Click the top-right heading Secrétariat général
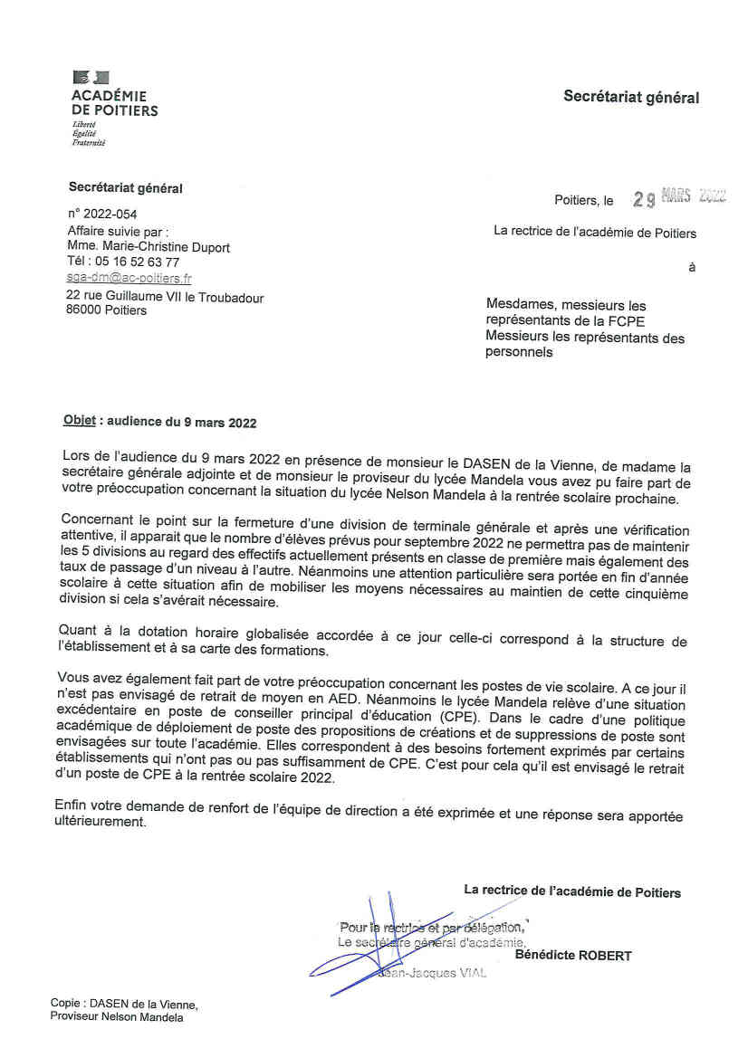[631, 97]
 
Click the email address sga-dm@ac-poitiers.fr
[129, 279]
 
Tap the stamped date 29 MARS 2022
[680, 198]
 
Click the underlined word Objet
[79, 423]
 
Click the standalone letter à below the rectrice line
[692, 268]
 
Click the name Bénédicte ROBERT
[573, 956]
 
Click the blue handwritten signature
[380, 941]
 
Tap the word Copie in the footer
[65, 1004]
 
